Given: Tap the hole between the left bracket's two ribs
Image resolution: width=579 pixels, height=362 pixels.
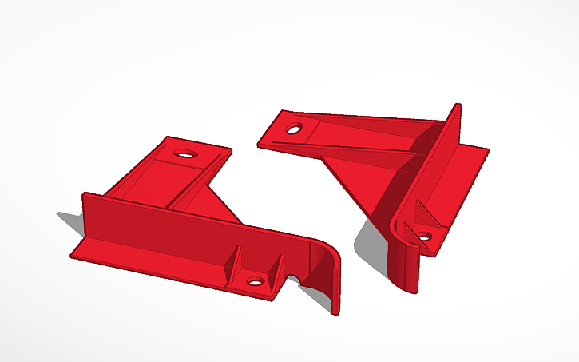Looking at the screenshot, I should click(x=256, y=280).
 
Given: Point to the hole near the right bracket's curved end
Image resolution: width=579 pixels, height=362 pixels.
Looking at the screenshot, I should click(x=425, y=236).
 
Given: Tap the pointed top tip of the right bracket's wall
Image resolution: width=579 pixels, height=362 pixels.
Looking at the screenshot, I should click(x=456, y=105).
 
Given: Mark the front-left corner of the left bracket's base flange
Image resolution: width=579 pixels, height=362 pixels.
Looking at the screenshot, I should click(x=72, y=255).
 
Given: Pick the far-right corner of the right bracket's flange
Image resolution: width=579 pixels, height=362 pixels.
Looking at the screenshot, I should click(x=487, y=149).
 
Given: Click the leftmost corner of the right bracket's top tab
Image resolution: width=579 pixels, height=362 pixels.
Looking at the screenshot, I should click(x=258, y=144).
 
